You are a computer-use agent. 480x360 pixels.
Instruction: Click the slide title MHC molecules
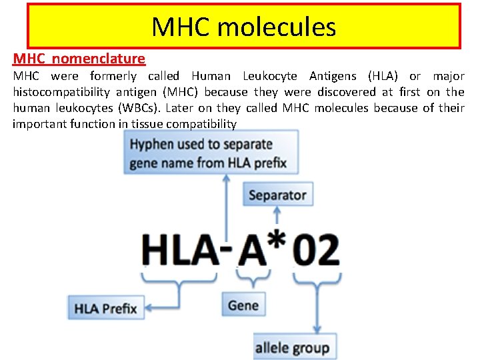pos(243,27)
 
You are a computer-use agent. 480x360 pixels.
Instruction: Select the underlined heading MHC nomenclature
pos(79,59)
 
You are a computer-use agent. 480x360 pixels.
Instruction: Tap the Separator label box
pos(277,195)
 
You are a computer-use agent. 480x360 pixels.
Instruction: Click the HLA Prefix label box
pos(105,308)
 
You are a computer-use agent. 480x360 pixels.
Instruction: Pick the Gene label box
pos(243,305)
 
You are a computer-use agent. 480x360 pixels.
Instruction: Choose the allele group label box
pos(292,347)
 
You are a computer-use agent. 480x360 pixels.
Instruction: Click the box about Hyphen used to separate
pos(211,153)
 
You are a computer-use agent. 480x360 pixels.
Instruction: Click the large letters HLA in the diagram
pos(180,251)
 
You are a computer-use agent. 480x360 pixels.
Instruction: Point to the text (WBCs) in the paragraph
pos(146,108)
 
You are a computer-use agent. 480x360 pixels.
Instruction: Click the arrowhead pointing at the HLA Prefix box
pos(149,308)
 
